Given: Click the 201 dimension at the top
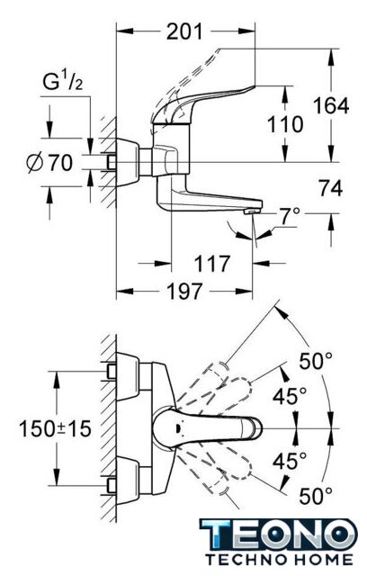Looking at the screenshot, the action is click(x=184, y=31).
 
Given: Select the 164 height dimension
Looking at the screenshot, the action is click(x=331, y=106).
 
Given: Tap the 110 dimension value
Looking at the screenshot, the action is click(x=285, y=124).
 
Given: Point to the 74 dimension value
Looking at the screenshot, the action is click(x=330, y=188).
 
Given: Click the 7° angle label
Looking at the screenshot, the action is click(x=289, y=217).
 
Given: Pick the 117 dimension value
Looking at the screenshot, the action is click(x=211, y=264).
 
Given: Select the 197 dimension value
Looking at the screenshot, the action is click(x=184, y=292).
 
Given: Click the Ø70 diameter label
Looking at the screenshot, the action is click(x=49, y=162).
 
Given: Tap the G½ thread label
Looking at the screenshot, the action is click(x=63, y=81).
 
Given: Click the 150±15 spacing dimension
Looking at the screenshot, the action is click(x=55, y=428).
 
